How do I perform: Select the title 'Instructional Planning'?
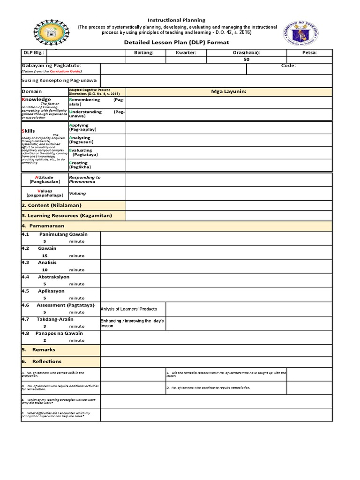[x=177, y=20]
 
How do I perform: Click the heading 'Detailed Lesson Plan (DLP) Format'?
[x=176, y=43]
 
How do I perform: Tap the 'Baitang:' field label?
[x=144, y=52]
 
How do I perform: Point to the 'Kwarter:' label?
[x=186, y=52]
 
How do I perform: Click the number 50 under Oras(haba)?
[x=247, y=60]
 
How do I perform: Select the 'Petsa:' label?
[x=309, y=52]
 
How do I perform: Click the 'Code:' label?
[x=288, y=66]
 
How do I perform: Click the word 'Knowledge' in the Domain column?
[x=37, y=99]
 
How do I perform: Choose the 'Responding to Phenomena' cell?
[x=85, y=180]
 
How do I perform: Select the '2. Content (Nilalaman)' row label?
[x=52, y=205]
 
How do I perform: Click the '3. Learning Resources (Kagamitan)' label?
[x=67, y=216]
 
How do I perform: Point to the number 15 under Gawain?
[x=45, y=256]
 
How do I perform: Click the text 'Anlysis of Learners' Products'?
[x=129, y=309]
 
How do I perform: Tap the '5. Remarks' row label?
[x=44, y=350]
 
